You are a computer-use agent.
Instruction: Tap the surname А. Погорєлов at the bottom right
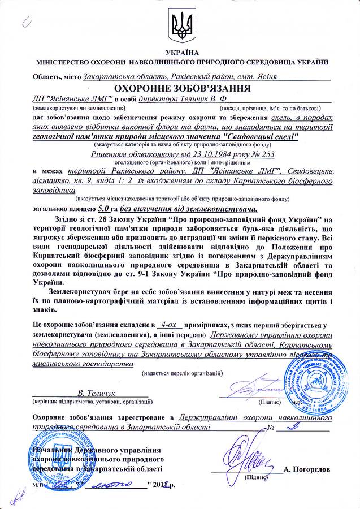pos(309,469)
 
